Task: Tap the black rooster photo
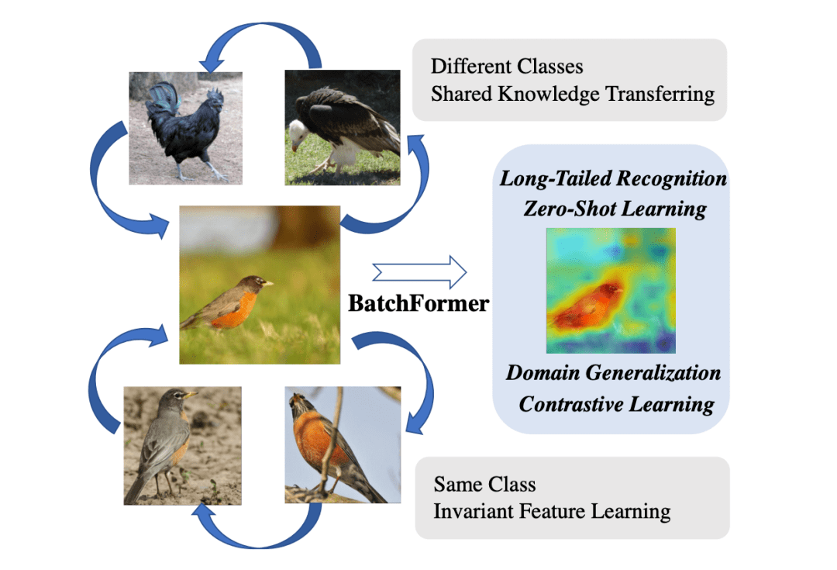pyautogui.click(x=185, y=128)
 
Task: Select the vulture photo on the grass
pyautogui.click(x=342, y=128)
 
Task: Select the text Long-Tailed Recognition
pyautogui.click(x=613, y=178)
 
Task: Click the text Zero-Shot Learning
pyautogui.click(x=613, y=208)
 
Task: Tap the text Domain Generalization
pyautogui.click(x=613, y=373)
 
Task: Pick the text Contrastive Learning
pyautogui.click(x=616, y=404)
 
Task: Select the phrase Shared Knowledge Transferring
pyautogui.click(x=572, y=94)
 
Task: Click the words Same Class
pyautogui.click(x=484, y=485)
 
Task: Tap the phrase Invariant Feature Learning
pyautogui.click(x=552, y=512)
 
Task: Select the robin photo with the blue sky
pyautogui.click(x=343, y=445)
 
